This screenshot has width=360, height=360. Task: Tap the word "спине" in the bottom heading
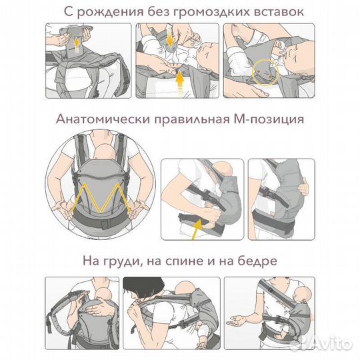click(192, 260)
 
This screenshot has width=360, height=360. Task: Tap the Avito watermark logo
click(327, 343)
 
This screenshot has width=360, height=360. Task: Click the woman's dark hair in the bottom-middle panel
click(148, 287)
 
